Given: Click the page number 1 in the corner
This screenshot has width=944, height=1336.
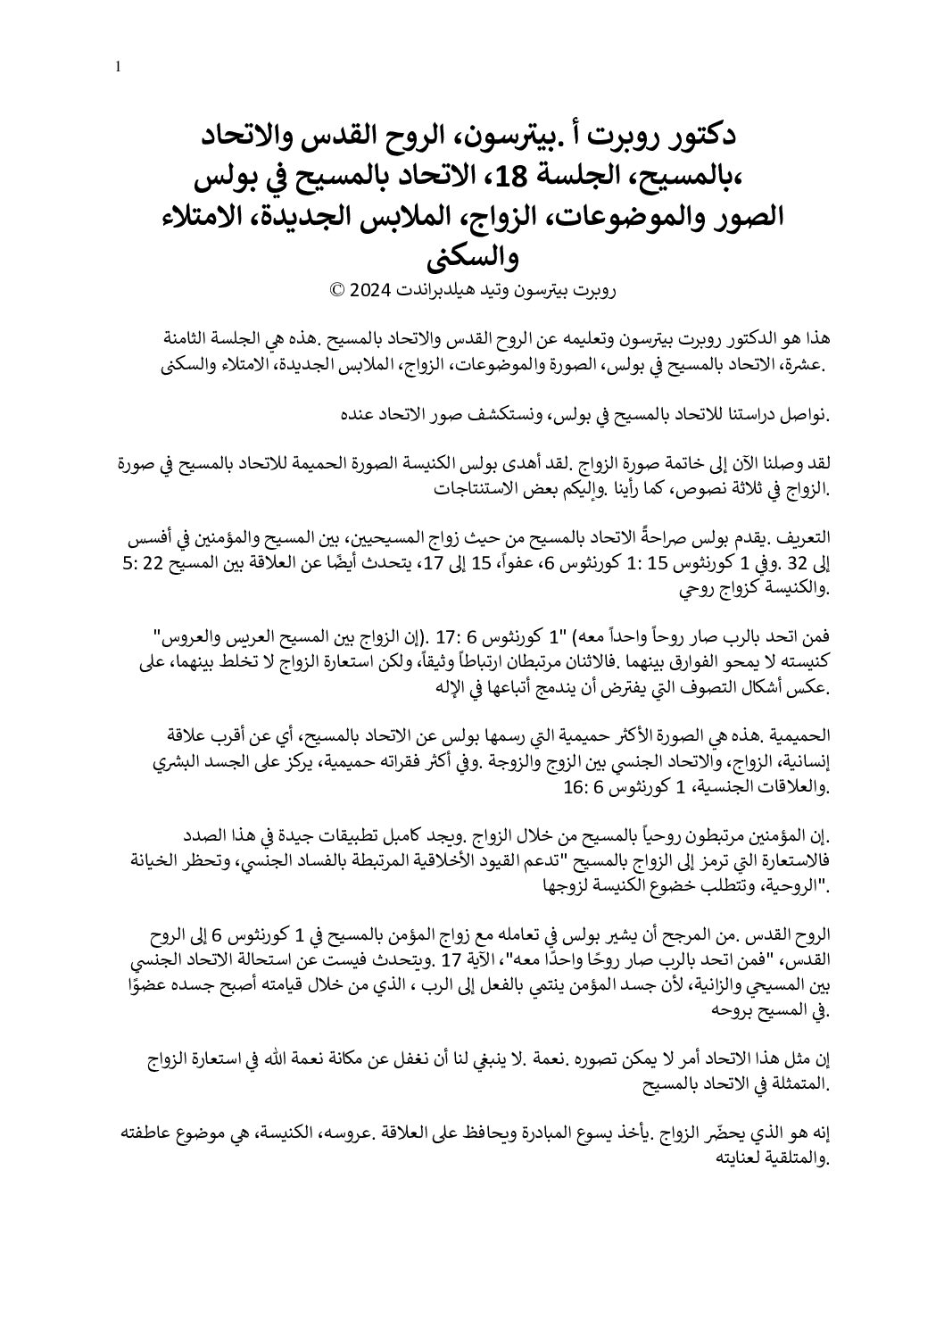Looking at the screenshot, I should pos(119,67).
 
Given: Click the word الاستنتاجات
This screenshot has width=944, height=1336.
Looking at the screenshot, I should pos(487,490).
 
